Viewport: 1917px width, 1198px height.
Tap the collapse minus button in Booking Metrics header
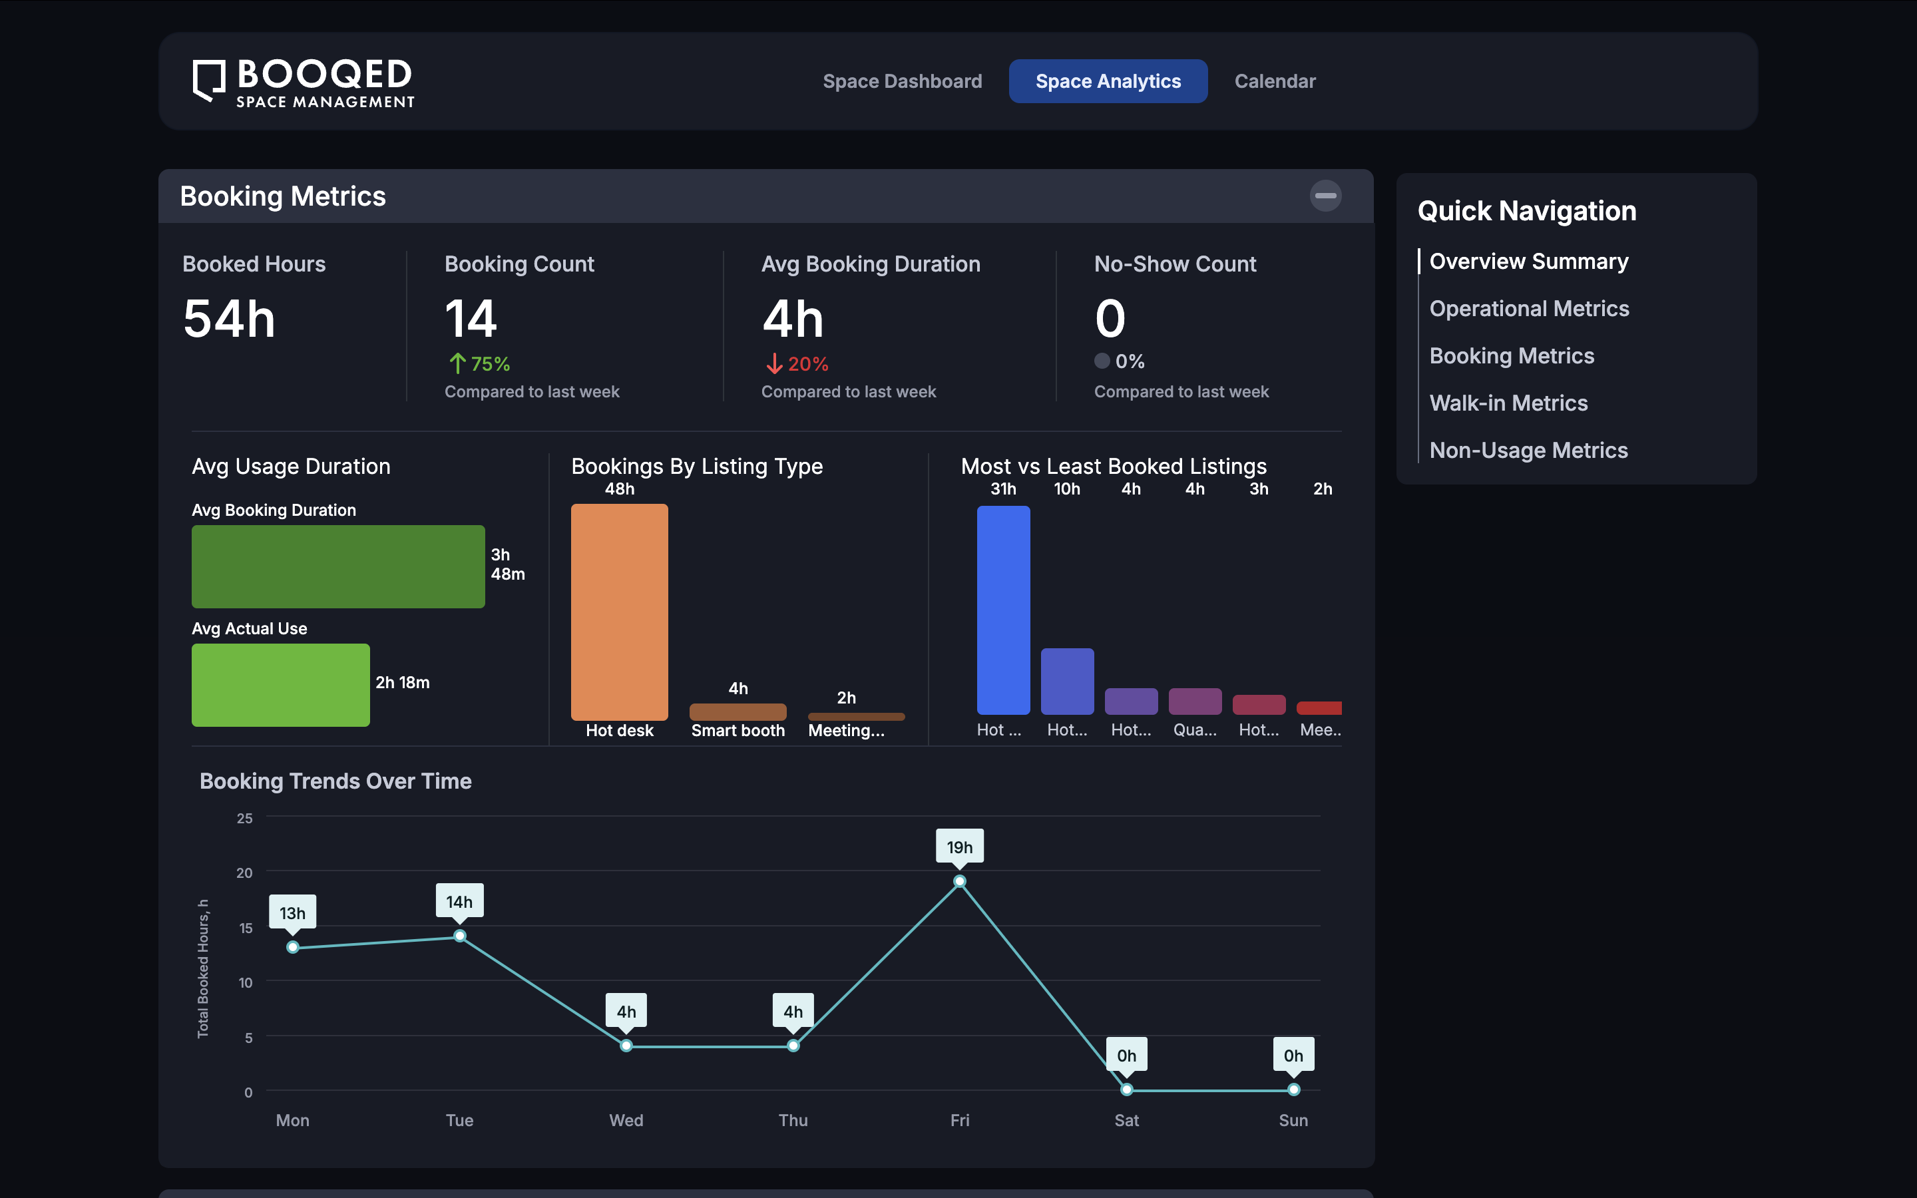click(1325, 196)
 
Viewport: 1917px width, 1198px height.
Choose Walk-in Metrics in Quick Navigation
click(1508, 403)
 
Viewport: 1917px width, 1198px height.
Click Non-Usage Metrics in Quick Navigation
click(1528, 450)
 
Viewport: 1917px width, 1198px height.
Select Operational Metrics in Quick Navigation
click(1529, 308)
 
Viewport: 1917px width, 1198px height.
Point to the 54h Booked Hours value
click(229, 319)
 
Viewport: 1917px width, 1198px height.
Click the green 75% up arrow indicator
click(479, 363)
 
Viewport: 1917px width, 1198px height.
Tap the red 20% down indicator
click(797, 363)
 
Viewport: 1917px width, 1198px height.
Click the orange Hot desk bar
click(620, 612)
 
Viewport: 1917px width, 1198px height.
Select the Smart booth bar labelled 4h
click(738, 711)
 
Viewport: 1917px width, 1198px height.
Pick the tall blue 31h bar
click(1003, 610)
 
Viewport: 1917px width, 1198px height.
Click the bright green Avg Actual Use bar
click(280, 685)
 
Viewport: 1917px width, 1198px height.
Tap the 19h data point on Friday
click(959, 881)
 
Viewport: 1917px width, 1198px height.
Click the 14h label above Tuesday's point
click(459, 902)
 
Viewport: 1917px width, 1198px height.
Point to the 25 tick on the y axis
click(245, 818)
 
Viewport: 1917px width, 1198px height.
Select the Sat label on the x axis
click(1126, 1120)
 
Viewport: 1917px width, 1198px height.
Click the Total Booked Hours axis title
click(203, 968)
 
